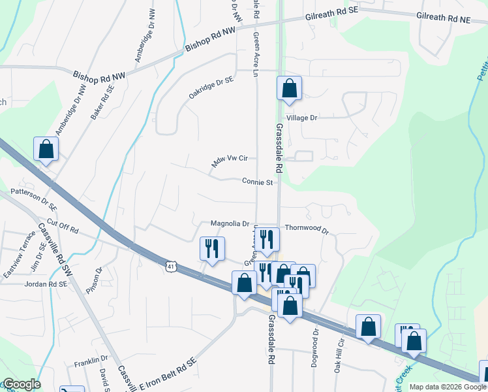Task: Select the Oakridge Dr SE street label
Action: pos(211,87)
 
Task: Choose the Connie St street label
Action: pos(257,182)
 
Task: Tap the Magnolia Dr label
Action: pos(230,223)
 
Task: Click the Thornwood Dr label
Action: pos(306,230)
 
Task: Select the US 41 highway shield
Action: pos(170,266)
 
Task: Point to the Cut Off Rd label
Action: pos(63,229)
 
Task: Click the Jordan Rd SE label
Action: pos(46,284)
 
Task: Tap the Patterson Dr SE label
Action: pos(34,199)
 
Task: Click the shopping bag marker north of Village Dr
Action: pos(289,89)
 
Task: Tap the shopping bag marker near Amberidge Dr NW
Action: pos(46,150)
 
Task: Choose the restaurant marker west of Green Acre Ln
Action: pos(211,249)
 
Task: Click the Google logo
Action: pos(21,384)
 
